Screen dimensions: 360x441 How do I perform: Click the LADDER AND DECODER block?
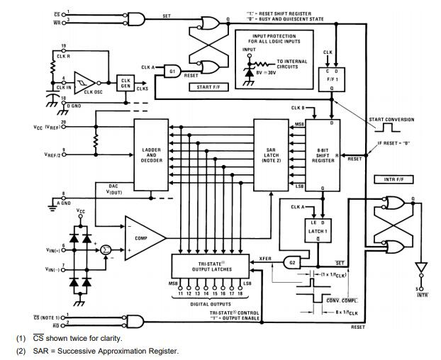click(x=152, y=155)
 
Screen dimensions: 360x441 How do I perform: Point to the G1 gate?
click(x=172, y=72)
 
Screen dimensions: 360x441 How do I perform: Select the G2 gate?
click(x=292, y=262)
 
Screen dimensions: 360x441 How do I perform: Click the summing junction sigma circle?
click(x=106, y=250)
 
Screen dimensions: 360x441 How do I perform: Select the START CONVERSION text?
click(x=391, y=119)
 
